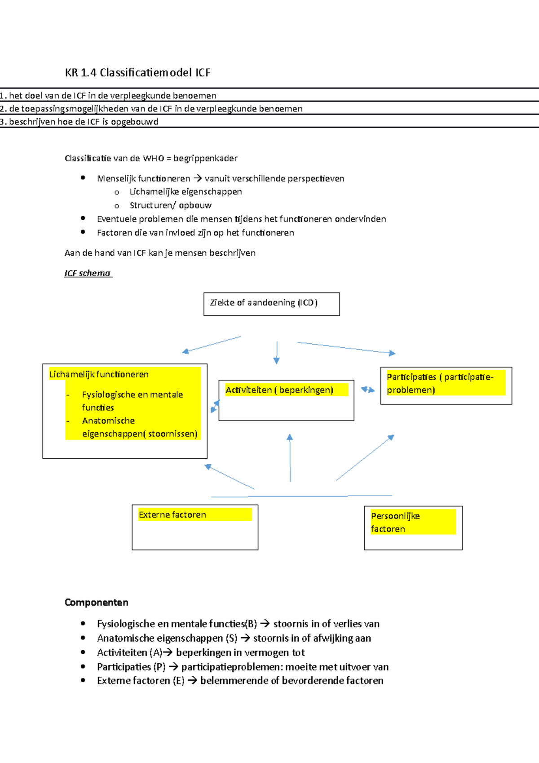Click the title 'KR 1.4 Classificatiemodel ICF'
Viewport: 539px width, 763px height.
pos(137,73)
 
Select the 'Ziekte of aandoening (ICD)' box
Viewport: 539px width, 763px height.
pos(271,304)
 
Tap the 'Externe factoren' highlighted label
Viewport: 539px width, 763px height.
pos(172,515)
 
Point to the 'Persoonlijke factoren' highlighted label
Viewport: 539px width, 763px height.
pos(395,523)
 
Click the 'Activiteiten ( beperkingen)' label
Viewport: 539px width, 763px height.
pos(279,390)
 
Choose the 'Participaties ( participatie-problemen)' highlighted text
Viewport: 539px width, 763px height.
pos(440,383)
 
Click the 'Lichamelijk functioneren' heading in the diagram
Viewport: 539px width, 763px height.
pos(99,374)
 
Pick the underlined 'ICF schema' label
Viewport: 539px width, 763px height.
pos(88,273)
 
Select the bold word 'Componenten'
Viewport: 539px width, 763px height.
pos(97,603)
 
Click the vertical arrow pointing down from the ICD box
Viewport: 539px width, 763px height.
pos(277,352)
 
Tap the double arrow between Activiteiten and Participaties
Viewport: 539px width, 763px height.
pos(368,390)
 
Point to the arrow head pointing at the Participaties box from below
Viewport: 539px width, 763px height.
pos(391,437)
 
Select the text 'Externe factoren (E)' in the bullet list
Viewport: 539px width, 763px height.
pos(141,681)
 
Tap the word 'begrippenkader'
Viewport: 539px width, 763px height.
pos(205,158)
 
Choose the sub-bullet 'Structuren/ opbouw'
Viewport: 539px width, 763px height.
pos(171,205)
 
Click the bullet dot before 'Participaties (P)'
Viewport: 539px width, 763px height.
pos(83,666)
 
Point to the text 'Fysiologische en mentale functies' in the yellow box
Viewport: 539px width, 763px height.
pos(133,401)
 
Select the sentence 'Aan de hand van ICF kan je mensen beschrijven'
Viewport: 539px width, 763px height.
pos(160,253)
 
